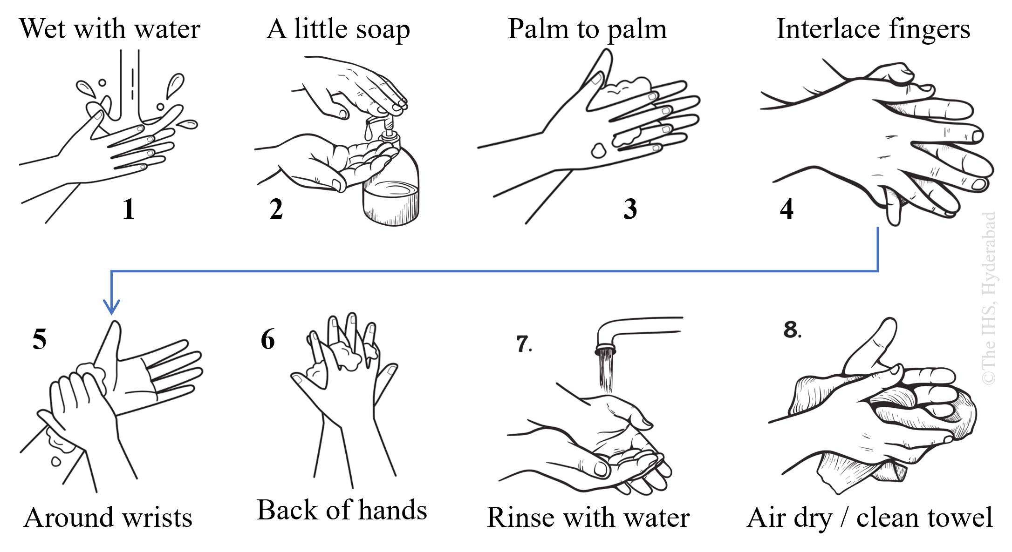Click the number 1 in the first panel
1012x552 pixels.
[x=129, y=209]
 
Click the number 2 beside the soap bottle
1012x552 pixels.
[x=276, y=209]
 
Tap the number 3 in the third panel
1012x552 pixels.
[x=630, y=209]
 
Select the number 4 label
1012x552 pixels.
[x=786, y=209]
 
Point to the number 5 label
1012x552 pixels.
[x=40, y=339]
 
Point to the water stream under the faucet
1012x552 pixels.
[x=606, y=372]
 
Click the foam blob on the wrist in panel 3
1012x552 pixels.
[x=598, y=151]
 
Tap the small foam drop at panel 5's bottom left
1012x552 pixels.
[x=55, y=461]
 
